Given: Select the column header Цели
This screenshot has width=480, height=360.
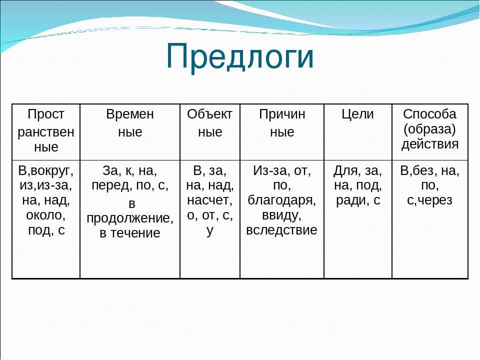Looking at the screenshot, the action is point(357,114).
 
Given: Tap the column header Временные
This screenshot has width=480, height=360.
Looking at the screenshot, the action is point(130,123).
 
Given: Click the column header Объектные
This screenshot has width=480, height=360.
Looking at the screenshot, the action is point(209,123).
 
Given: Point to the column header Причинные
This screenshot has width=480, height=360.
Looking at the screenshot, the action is point(282,123).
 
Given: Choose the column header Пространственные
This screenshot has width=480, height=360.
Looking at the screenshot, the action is point(46,130).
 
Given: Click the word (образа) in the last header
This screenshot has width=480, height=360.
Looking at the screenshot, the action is point(430,129).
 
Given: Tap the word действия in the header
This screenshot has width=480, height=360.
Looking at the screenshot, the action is point(430,144).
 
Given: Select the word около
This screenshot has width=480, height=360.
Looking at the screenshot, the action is point(45,215).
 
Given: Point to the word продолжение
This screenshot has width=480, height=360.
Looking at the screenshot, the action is point(130,218).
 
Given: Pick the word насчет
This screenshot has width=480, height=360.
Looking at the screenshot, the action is point(209,200).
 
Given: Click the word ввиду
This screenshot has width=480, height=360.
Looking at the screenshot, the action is point(281,215).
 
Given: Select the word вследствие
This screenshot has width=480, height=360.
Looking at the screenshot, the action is point(281,230).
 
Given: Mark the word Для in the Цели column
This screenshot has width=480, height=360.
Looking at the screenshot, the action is point(343,171).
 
